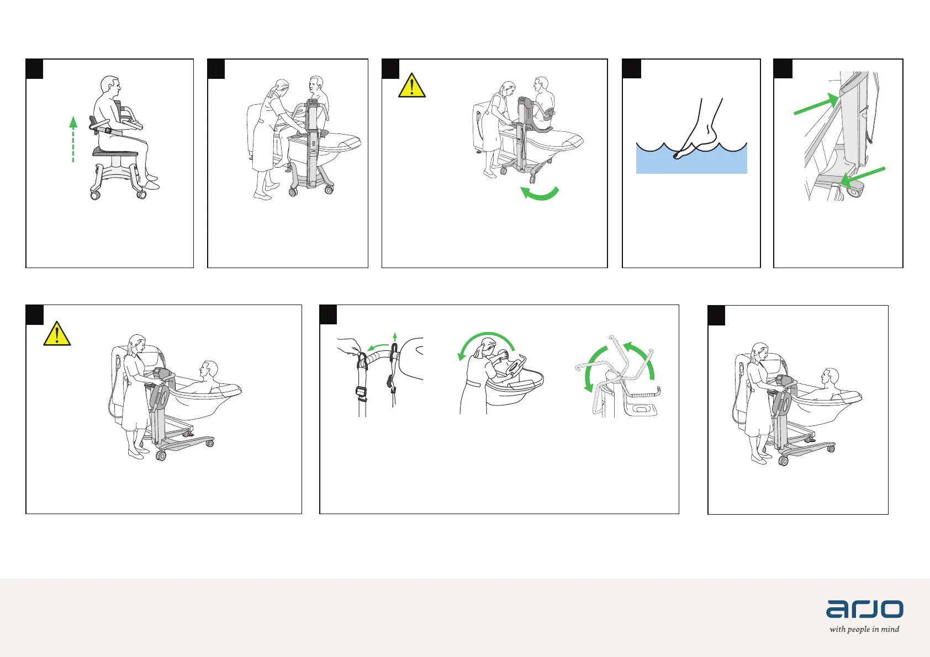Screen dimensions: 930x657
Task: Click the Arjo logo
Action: tap(864, 608)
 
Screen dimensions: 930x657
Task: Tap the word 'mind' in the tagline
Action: tap(890, 629)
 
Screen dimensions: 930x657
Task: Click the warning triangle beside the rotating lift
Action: tap(412, 86)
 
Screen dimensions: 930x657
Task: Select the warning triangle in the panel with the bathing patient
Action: tap(57, 334)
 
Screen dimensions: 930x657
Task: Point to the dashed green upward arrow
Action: tap(73, 139)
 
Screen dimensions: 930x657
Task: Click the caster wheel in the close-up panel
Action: tap(855, 191)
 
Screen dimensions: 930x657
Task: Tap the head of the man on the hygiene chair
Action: tap(110, 86)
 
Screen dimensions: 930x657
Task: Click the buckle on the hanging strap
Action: tap(361, 392)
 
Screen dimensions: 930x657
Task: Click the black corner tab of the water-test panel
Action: tap(631, 69)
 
